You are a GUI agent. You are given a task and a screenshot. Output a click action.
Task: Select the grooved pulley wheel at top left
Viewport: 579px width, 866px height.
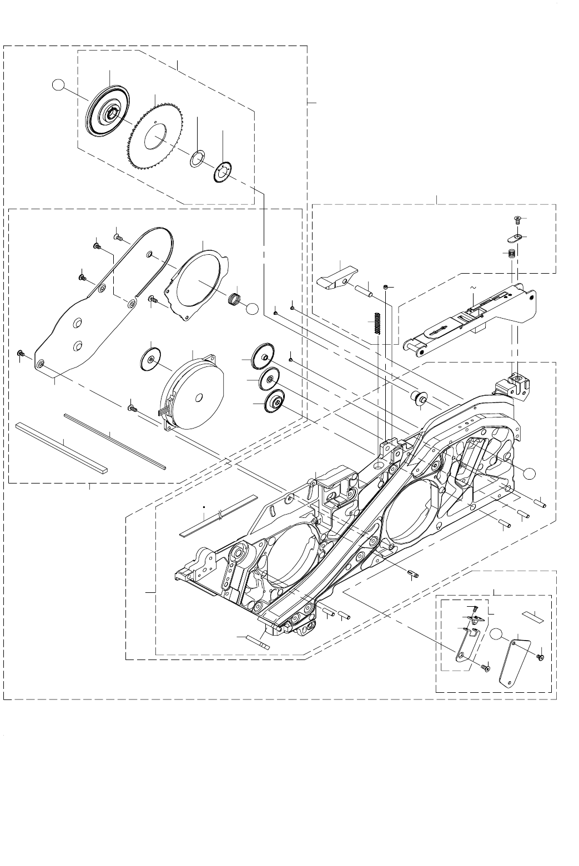pyautogui.click(x=108, y=114)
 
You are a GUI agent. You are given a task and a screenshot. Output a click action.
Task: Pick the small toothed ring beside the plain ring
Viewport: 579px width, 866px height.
pyautogui.click(x=223, y=171)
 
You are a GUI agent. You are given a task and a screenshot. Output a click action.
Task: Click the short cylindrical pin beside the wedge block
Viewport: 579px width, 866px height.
pyautogui.click(x=363, y=289)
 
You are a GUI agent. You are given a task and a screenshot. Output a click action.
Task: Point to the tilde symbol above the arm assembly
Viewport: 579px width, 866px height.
pyautogui.click(x=473, y=288)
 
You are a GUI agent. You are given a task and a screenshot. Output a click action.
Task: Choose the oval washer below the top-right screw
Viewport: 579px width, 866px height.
pyautogui.click(x=514, y=238)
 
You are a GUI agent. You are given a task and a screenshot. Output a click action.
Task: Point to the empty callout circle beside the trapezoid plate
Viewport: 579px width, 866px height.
pyautogui.click(x=497, y=634)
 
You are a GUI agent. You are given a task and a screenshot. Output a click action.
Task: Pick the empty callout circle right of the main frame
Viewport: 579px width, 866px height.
pyautogui.click(x=530, y=472)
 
